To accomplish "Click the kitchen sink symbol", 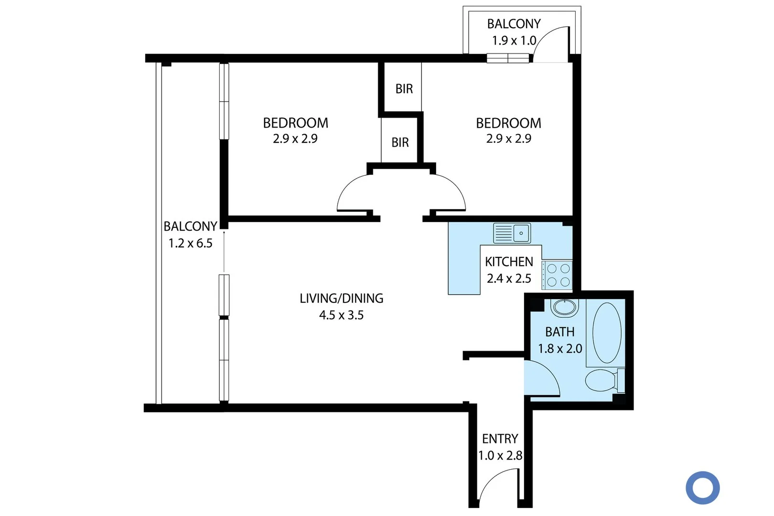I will tap(512, 233).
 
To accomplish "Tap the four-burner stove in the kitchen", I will tap(558, 275).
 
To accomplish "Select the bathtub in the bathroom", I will tap(607, 333).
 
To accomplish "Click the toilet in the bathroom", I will tap(603, 381).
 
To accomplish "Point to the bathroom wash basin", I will tap(565, 307).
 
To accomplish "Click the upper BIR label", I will tap(404, 89).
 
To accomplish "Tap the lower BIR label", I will tap(400, 142).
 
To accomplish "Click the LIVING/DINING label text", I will tap(341, 298).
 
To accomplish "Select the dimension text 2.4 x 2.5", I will tap(509, 279).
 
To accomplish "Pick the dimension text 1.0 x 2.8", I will tap(500, 456).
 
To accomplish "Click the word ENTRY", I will tap(500, 439).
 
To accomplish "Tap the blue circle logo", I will tap(702, 488).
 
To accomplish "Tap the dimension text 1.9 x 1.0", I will tap(514, 41).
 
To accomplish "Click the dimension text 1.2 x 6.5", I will tap(190, 243).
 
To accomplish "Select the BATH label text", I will tap(559, 332).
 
